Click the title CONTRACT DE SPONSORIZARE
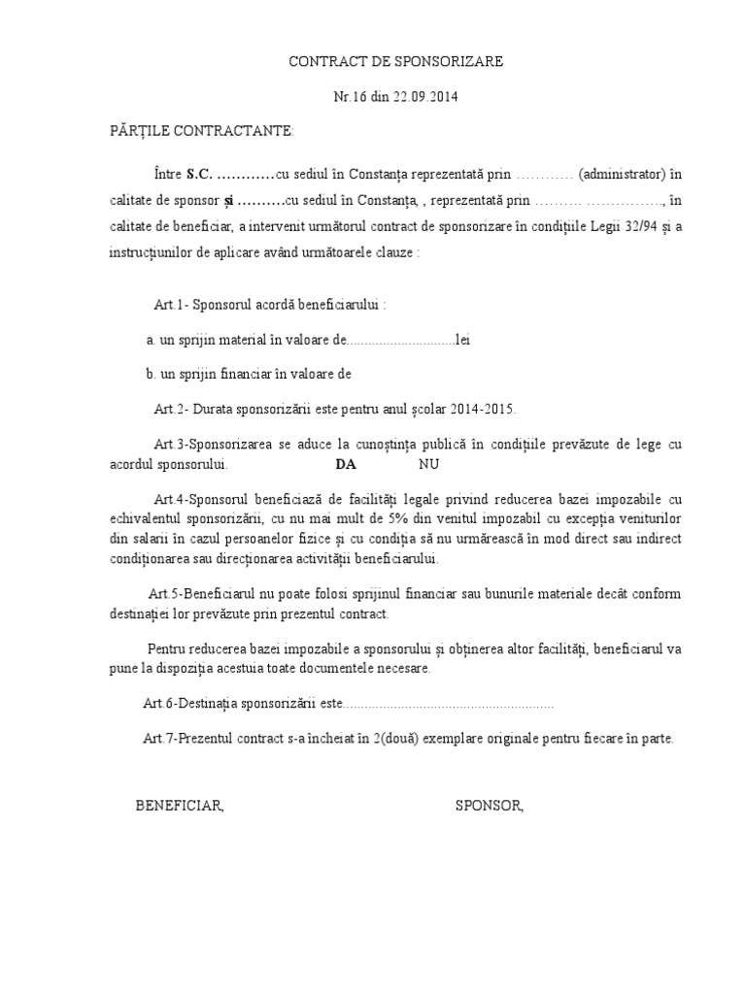[x=397, y=62]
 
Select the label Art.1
[x=169, y=305]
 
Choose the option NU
[x=428, y=464]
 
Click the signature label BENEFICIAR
[x=180, y=805]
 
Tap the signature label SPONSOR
[x=489, y=805]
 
